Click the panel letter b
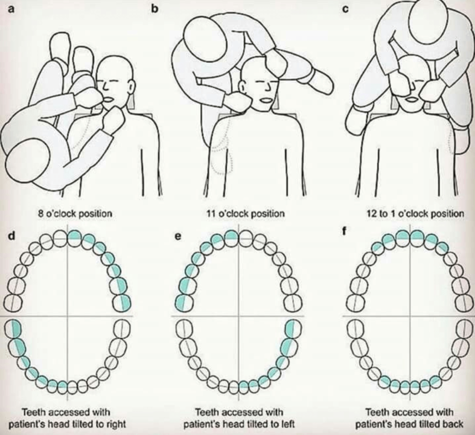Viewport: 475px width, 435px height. tap(155, 8)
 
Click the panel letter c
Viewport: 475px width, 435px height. tap(345, 9)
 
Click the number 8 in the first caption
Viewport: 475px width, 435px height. tap(41, 213)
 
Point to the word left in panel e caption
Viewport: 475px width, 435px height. tap(287, 423)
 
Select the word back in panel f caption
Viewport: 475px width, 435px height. tap(452, 424)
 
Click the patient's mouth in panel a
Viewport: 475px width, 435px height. tap(108, 100)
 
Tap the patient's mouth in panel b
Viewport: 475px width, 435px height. tap(266, 101)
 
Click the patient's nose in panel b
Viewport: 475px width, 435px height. tap(267, 88)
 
